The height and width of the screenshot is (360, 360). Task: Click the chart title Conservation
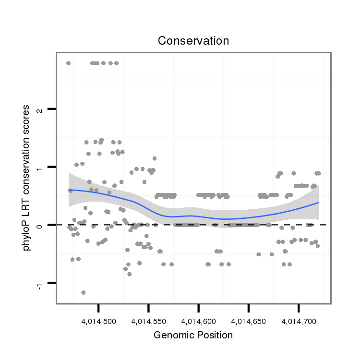click(x=193, y=41)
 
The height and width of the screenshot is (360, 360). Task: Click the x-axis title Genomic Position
click(x=193, y=335)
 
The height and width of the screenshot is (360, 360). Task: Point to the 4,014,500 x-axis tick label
click(x=99, y=320)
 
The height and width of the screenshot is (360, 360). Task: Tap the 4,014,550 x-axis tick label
click(x=149, y=320)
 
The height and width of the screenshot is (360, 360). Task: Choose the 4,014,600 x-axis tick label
click(x=199, y=320)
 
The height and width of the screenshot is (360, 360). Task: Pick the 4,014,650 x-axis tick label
click(x=249, y=320)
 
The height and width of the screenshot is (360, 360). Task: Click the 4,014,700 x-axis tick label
click(x=299, y=320)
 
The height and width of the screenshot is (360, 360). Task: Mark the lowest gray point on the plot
click(x=83, y=292)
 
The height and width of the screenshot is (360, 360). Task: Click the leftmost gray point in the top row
click(x=68, y=63)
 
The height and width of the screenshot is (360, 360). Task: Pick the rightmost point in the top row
click(x=116, y=63)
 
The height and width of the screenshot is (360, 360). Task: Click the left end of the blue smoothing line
click(x=69, y=190)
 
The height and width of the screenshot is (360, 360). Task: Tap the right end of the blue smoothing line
click(x=318, y=203)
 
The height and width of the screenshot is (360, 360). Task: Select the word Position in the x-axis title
click(x=214, y=335)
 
